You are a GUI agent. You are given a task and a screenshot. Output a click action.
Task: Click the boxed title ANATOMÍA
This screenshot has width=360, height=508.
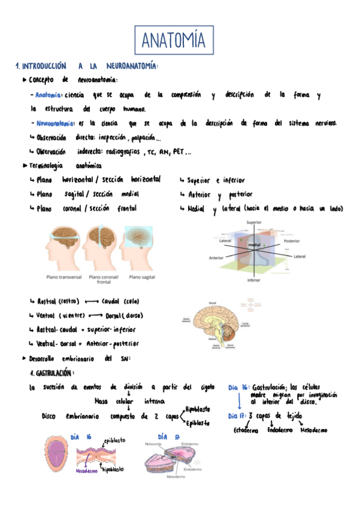pos(174,41)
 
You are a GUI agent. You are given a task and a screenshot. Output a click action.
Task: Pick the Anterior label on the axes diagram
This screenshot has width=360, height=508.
pos(216,259)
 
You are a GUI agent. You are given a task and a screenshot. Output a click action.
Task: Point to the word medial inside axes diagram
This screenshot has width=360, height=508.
pos(255,246)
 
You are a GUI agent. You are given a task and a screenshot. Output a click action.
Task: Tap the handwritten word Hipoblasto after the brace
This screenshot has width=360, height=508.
pos(198,409)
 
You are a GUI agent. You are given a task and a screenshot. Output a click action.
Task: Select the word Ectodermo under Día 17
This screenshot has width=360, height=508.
pos(246,430)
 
